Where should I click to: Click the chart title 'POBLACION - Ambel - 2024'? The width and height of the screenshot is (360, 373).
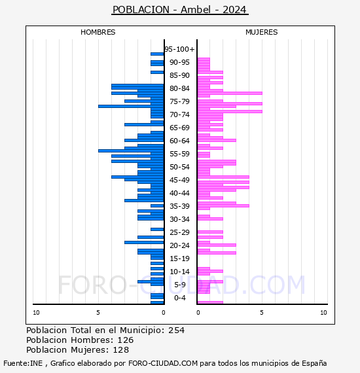[179, 10]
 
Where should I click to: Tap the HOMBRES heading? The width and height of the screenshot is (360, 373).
[98, 32]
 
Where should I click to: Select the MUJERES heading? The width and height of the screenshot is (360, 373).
[262, 32]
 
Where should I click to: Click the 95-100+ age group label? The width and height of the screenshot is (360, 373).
[179, 49]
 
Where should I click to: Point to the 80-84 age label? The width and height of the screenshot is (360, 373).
[179, 88]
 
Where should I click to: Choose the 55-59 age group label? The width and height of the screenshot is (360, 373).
[179, 154]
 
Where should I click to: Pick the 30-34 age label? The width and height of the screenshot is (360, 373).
[179, 219]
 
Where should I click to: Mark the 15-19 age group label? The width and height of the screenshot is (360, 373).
[179, 258]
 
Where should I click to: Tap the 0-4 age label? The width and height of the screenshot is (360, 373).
[179, 298]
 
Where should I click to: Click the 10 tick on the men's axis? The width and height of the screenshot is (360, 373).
[36, 313]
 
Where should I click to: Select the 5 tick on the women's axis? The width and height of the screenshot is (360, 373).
[262, 313]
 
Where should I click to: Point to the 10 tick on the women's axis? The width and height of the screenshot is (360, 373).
[323, 313]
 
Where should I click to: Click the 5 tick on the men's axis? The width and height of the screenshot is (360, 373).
[98, 313]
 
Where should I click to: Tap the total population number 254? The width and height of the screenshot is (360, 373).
[176, 330]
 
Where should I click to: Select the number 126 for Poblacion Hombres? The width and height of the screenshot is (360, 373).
[126, 340]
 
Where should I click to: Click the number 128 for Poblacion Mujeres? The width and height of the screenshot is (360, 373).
[121, 350]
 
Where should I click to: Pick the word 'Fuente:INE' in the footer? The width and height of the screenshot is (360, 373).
[23, 363]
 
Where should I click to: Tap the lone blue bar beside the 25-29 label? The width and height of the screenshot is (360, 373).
[157, 230]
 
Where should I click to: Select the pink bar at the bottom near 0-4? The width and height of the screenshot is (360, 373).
[210, 302]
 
